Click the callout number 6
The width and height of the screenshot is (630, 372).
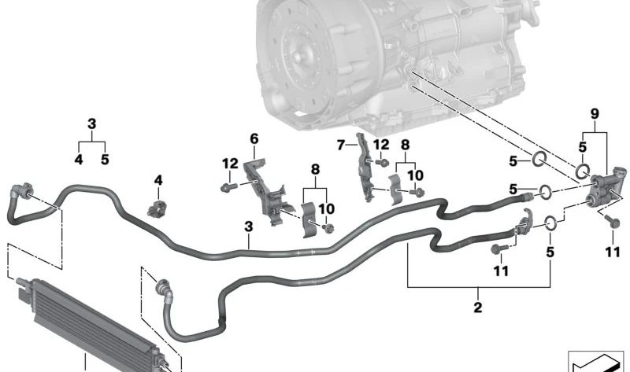tap(254, 139)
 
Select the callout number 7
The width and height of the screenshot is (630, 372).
tap(342, 145)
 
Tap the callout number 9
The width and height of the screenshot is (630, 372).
tap(595, 115)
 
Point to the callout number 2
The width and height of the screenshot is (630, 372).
tap(478, 307)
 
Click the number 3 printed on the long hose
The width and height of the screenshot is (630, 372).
tap(248, 227)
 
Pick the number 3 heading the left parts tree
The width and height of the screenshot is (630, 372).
tap(91, 124)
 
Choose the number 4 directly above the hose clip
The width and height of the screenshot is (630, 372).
tap(157, 180)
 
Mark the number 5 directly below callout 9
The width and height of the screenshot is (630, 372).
tap(582, 146)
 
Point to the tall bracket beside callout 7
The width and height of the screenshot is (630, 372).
tap(364, 169)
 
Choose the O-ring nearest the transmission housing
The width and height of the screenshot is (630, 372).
tap(539, 160)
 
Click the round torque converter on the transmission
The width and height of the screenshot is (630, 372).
tap(302, 56)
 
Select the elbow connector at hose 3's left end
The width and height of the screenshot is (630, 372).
tap(21, 193)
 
